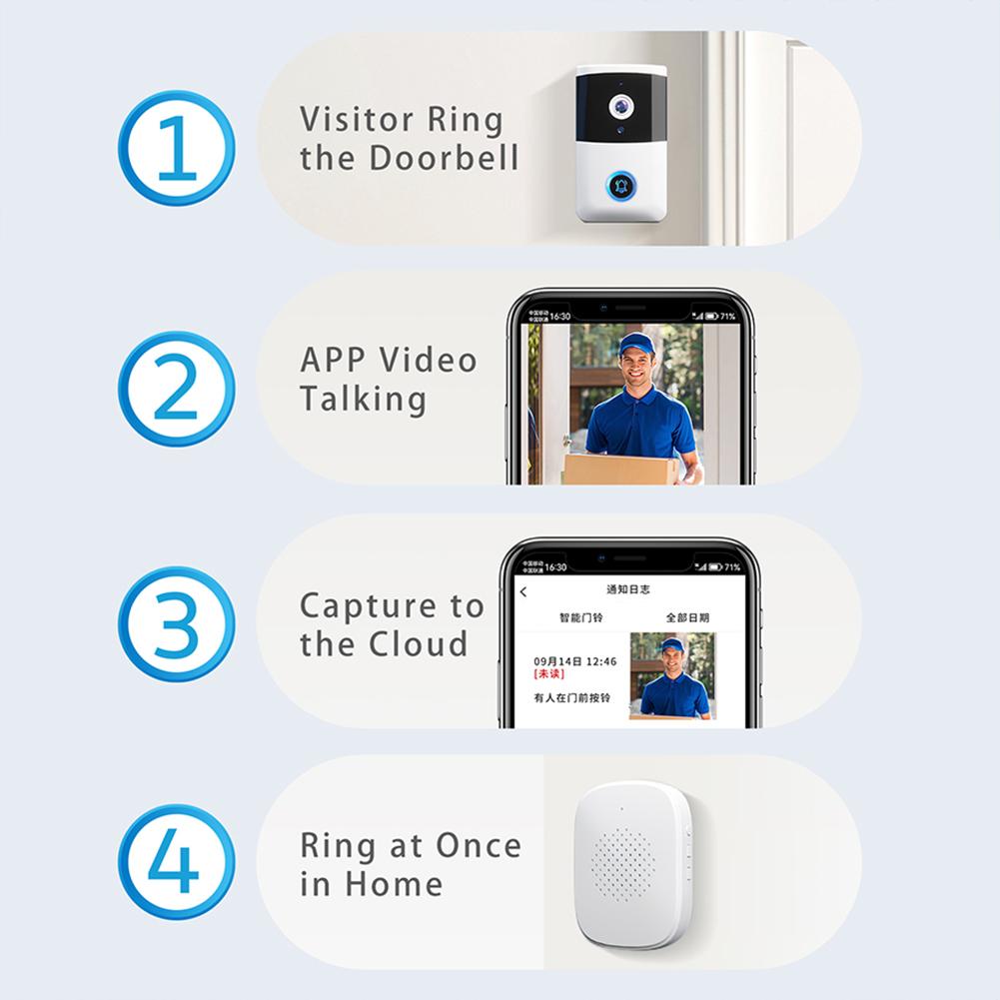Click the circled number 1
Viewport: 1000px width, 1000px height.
click(x=176, y=148)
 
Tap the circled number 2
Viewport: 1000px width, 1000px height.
click(x=176, y=389)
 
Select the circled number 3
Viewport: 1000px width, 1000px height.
click(x=176, y=624)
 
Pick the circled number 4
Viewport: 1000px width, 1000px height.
click(x=176, y=862)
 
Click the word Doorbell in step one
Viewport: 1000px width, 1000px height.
click(x=445, y=159)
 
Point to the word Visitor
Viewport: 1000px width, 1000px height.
click(x=358, y=119)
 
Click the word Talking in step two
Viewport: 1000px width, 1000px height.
click(x=363, y=399)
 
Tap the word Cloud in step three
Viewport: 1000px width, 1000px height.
click(x=419, y=644)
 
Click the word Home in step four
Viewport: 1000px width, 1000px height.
click(x=394, y=884)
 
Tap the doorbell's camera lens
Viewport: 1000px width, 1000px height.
click(x=620, y=104)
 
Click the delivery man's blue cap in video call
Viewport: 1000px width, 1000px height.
click(x=636, y=345)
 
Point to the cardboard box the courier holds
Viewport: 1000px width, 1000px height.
click(x=619, y=469)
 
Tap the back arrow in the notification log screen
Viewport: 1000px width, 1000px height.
click(x=523, y=592)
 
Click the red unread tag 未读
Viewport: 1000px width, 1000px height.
click(x=548, y=674)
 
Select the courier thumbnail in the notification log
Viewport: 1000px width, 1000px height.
click(x=671, y=675)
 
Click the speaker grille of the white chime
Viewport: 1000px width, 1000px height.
click(x=624, y=863)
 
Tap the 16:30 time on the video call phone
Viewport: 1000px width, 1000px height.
click(x=559, y=317)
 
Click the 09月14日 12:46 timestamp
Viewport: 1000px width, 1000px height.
click(x=574, y=661)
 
